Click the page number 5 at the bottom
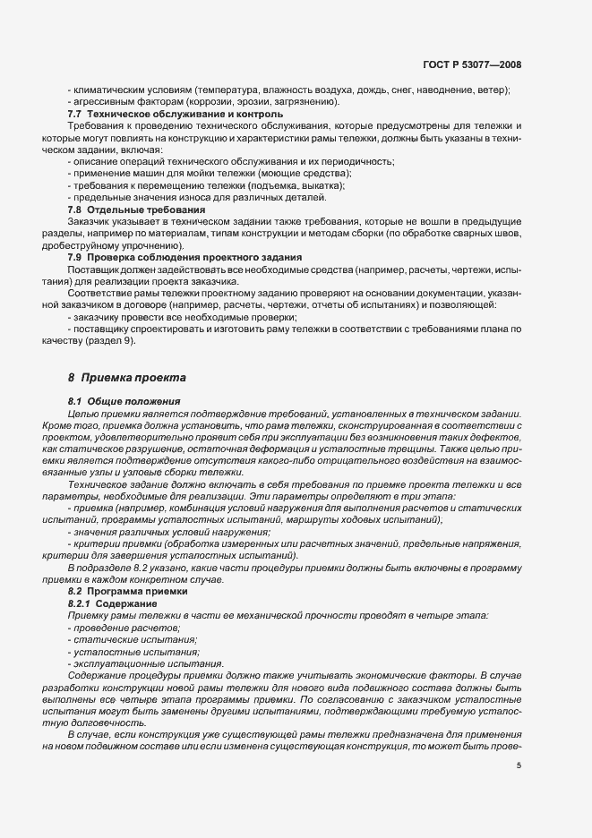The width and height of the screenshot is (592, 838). (x=519, y=765)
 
